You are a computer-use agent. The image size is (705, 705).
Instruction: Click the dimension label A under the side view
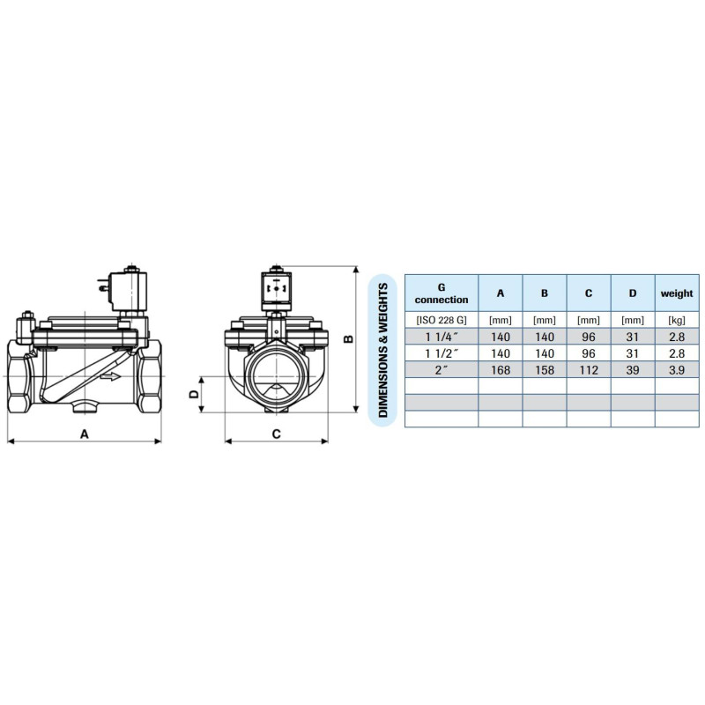click(85, 434)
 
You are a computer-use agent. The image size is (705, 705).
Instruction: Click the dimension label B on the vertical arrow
click(348, 338)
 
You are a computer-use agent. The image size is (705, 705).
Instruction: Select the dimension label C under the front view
click(276, 434)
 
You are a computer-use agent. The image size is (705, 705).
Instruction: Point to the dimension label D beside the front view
click(194, 395)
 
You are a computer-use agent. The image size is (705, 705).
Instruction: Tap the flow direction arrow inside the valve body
click(110, 376)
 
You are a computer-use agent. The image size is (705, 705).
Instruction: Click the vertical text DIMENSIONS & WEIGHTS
click(382, 351)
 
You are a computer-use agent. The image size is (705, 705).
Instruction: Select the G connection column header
click(442, 293)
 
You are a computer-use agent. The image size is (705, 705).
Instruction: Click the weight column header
click(677, 293)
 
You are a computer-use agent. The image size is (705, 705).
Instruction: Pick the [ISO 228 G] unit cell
click(442, 320)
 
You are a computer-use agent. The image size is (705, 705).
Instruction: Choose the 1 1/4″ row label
click(442, 337)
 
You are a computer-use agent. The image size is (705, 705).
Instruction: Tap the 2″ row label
click(442, 369)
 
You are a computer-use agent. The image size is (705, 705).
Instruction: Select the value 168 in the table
click(501, 369)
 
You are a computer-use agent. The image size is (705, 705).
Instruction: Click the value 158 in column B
click(545, 369)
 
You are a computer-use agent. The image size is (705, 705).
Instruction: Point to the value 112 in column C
click(589, 369)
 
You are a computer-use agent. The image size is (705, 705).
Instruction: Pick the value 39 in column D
click(633, 369)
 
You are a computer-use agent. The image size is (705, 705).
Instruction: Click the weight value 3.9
click(677, 369)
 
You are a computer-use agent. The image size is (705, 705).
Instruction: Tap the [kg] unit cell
click(677, 320)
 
